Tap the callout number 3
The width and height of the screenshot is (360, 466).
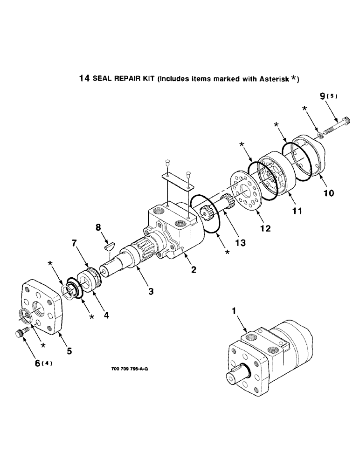tap(151, 291)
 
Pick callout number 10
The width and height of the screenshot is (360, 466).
tap(328, 192)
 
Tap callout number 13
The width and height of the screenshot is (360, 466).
tap(241, 242)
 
